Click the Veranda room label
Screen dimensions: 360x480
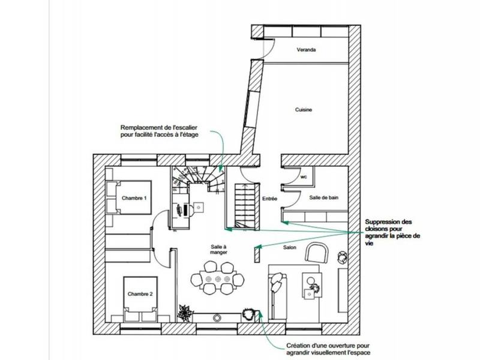click(x=306, y=50)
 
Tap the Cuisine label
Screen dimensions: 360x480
click(x=304, y=110)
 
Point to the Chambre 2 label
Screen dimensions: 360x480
click(x=140, y=294)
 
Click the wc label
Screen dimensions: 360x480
click(x=304, y=177)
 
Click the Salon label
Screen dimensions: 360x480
click(x=290, y=247)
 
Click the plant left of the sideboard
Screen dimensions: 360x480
click(x=185, y=311)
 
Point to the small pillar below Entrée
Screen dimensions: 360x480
click(x=257, y=253)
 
